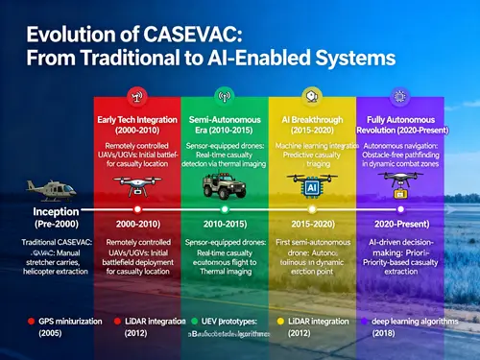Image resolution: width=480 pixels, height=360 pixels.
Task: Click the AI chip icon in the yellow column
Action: (310, 189)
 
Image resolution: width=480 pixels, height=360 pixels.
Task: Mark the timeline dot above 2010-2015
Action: (224, 208)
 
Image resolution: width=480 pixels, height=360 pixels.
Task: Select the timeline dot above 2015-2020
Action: (311, 208)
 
